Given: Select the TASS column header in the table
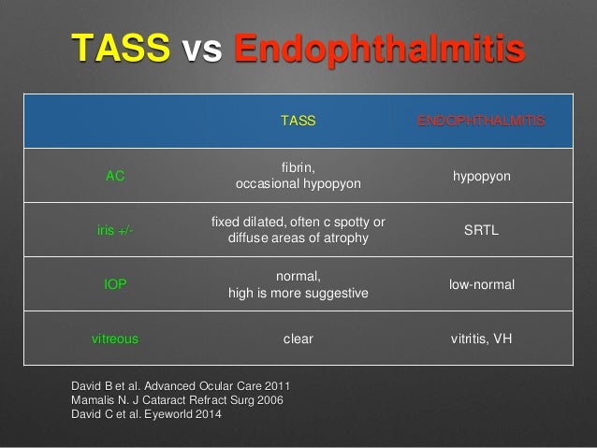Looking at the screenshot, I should [x=298, y=122].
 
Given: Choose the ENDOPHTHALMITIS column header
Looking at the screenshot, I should [x=481, y=122].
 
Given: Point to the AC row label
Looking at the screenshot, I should [x=115, y=176].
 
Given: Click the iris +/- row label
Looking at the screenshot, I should [x=115, y=230].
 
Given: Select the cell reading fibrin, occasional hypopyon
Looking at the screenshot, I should [x=298, y=176].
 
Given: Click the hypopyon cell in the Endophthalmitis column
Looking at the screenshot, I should [x=481, y=176].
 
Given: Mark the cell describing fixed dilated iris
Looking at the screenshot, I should [x=298, y=230].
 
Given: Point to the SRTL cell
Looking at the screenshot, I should [x=481, y=230].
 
